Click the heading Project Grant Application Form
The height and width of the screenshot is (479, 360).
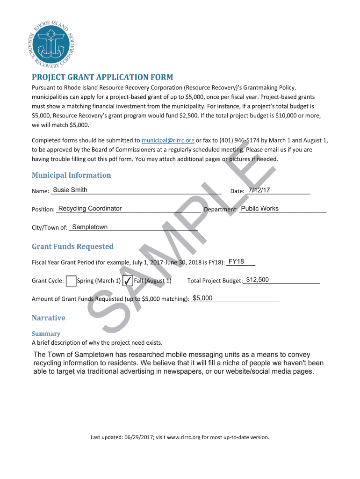click(x=102, y=77)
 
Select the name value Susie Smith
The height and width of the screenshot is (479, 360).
click(x=70, y=190)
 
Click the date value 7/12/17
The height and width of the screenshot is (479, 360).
click(x=259, y=190)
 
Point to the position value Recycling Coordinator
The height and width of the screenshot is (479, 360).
click(x=90, y=209)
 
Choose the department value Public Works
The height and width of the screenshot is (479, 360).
click(x=259, y=209)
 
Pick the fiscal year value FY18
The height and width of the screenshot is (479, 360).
click(x=236, y=262)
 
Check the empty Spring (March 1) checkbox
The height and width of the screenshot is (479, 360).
click(x=71, y=281)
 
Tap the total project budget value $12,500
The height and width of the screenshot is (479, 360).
click(x=258, y=280)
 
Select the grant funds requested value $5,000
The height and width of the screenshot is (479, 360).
click(x=202, y=298)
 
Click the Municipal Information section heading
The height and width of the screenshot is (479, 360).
click(x=71, y=175)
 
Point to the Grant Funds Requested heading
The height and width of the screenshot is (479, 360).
click(x=72, y=247)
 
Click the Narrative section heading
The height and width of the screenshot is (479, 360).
click(x=49, y=318)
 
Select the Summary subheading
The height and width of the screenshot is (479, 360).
click(x=46, y=334)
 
